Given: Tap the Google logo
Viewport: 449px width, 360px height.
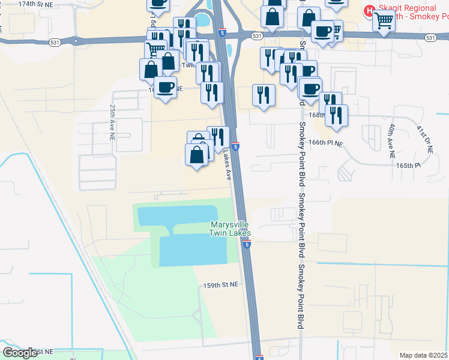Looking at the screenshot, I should tap(20, 352).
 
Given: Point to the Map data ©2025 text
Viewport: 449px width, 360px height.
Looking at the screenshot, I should tap(424, 355).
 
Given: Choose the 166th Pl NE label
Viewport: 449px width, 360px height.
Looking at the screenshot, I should tap(325, 144).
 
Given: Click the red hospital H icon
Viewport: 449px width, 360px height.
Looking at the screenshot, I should tap(370, 10).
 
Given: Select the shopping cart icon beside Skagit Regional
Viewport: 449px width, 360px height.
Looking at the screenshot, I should tap(384, 20).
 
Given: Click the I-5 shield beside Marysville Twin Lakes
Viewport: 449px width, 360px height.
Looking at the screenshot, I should tap(247, 244).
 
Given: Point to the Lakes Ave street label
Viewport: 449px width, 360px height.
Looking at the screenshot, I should tap(227, 166).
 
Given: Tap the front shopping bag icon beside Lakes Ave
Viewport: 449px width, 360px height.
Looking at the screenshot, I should tap(196, 155).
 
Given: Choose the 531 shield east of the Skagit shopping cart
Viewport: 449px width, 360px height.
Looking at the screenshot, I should tap(430, 37).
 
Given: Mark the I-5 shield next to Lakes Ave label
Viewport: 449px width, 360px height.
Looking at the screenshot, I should tap(236, 146).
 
